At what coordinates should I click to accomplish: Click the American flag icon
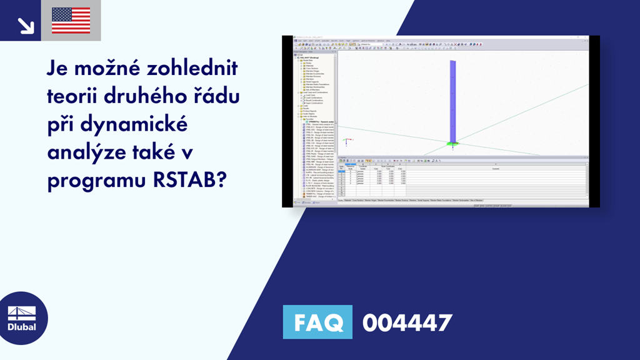tap(71, 21)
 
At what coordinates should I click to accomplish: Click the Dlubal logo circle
tap(21, 317)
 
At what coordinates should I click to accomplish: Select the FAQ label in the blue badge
tap(317, 322)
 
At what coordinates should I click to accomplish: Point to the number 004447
tap(407, 322)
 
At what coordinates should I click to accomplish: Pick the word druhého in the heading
tap(149, 97)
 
